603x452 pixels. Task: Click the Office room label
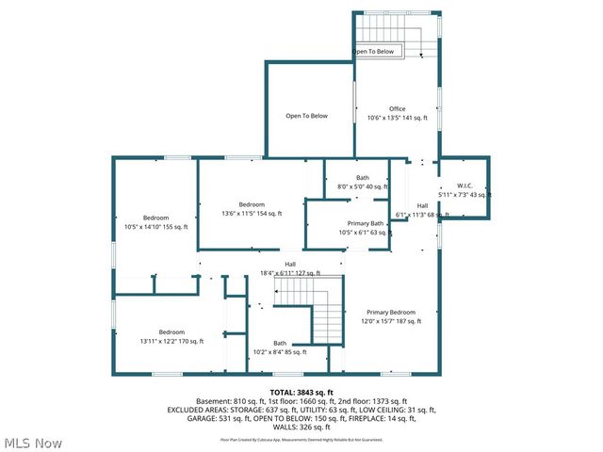click(397, 109)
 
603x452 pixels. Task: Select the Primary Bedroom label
click(390, 312)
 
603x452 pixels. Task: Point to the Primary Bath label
click(365, 223)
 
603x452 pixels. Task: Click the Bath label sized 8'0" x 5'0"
click(363, 178)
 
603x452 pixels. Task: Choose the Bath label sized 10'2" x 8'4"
click(280, 343)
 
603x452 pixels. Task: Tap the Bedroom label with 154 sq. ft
click(252, 204)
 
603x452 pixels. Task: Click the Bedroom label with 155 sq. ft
click(155, 218)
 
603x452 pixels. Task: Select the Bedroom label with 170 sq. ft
click(171, 331)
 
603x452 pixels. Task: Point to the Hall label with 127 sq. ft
click(278, 264)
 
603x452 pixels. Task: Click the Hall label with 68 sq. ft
click(422, 205)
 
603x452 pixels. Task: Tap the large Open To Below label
click(307, 116)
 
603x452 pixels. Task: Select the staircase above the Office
click(396, 30)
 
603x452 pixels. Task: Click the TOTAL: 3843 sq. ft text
click(301, 393)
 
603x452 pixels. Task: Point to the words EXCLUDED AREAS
click(201, 411)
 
